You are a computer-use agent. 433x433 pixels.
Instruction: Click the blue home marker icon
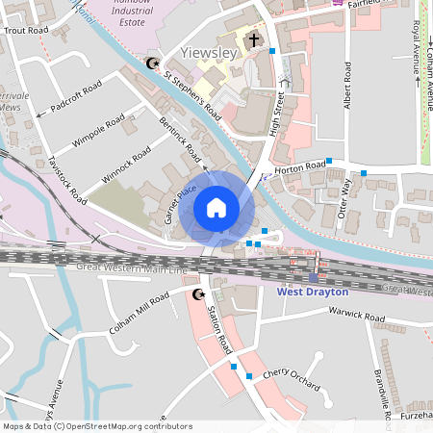point(216,208)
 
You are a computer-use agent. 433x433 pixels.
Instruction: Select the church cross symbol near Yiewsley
point(254,40)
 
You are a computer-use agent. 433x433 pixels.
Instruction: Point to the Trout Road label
point(26,31)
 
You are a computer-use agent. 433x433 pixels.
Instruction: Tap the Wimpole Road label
point(98,132)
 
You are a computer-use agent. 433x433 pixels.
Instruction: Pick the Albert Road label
point(348,88)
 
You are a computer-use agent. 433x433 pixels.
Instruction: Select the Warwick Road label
point(356,315)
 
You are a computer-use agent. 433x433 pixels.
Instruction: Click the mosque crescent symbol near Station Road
point(199,293)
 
